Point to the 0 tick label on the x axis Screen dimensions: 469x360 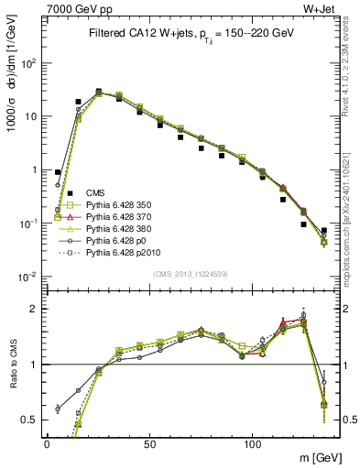pos(47,442)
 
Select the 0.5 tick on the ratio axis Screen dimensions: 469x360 pos(32,420)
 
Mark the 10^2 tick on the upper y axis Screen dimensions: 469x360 pos(30,63)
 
